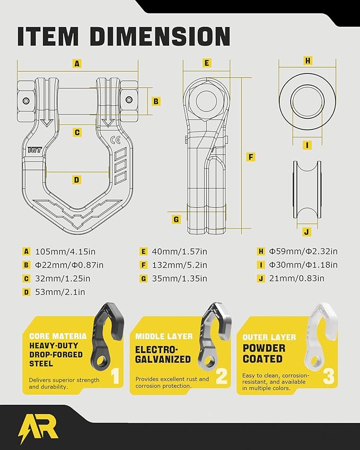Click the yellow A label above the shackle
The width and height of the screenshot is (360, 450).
[x=77, y=64]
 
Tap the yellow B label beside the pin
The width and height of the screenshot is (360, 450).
[x=156, y=101]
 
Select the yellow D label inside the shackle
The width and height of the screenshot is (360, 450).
[x=76, y=180]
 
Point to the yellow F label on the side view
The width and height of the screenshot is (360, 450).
[x=251, y=157]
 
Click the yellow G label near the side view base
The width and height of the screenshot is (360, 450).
[x=176, y=219]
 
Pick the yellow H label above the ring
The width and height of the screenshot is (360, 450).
[x=308, y=60]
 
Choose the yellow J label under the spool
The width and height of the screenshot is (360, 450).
[x=307, y=232]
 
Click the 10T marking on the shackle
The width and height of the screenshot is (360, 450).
[x=34, y=149]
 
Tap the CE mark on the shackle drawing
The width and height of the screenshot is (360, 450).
[x=116, y=140]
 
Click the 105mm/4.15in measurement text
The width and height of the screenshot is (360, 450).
[x=65, y=252]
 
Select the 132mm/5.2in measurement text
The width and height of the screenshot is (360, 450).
[x=179, y=265]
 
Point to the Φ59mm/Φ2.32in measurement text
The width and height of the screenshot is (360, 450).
[x=303, y=251]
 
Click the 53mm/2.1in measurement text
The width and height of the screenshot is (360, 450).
[x=60, y=292]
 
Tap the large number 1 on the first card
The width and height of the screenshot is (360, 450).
[x=115, y=376]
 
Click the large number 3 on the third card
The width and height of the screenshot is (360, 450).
[x=329, y=376]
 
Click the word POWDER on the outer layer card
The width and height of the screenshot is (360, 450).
[x=264, y=348]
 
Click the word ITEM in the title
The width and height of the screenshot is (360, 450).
[x=48, y=37]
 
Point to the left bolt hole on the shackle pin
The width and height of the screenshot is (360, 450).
[x=27, y=101]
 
